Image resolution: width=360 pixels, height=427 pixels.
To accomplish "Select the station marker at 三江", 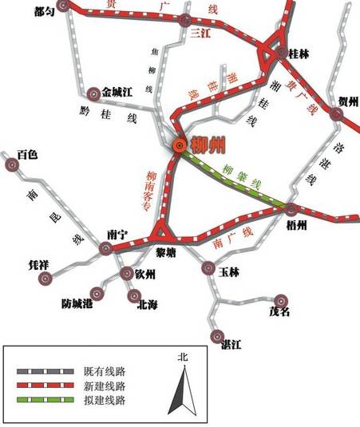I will pos(185,20).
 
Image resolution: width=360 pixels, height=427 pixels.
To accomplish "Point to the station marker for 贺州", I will pos(338,117).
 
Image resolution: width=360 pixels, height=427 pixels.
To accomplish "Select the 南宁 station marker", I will pos(105,249).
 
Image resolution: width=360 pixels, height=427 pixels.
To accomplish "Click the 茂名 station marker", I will pos(281,297).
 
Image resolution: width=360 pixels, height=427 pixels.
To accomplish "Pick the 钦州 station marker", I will pos(125,273).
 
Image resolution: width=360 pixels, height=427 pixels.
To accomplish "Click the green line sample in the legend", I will pos(45,400).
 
